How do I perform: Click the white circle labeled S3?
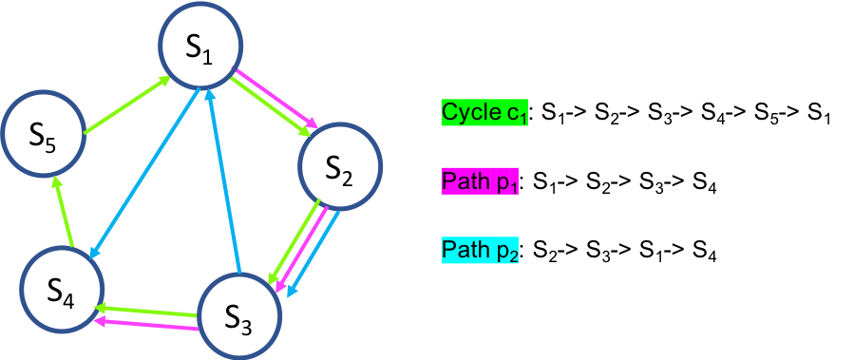click(238, 317)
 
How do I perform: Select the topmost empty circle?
click(199, 44)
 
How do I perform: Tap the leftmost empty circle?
click(43, 133)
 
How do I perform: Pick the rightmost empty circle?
click(339, 168)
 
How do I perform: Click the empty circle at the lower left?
click(62, 289)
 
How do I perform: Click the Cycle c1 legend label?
click(484, 113)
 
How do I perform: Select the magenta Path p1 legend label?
click(480, 181)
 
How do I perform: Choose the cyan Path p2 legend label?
click(480, 251)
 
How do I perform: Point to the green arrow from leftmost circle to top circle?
click(126, 105)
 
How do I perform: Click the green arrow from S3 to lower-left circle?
click(147, 310)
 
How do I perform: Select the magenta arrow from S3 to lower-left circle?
click(147, 326)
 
